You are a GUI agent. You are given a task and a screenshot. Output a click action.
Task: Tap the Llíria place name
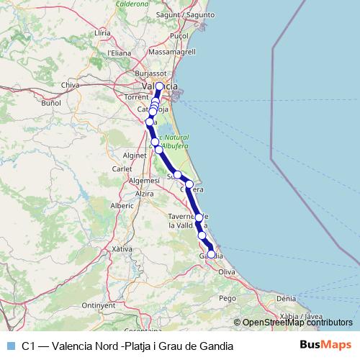pyautogui.click(x=102, y=33)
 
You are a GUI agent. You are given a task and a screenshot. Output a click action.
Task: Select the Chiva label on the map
pyautogui.click(x=71, y=85)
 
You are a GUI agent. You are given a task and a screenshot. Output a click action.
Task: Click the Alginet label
pyautogui.click(x=135, y=155)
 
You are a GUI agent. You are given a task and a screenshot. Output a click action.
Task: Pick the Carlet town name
pyautogui.click(x=122, y=170)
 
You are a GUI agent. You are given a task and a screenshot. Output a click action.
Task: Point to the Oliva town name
pyautogui.click(x=227, y=272)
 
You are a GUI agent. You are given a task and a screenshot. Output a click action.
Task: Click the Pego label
pyautogui.click(x=228, y=297)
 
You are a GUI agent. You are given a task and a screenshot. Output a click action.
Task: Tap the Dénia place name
pyautogui.click(x=286, y=297)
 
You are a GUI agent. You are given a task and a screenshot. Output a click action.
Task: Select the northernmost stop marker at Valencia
pyautogui.click(x=160, y=86)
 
